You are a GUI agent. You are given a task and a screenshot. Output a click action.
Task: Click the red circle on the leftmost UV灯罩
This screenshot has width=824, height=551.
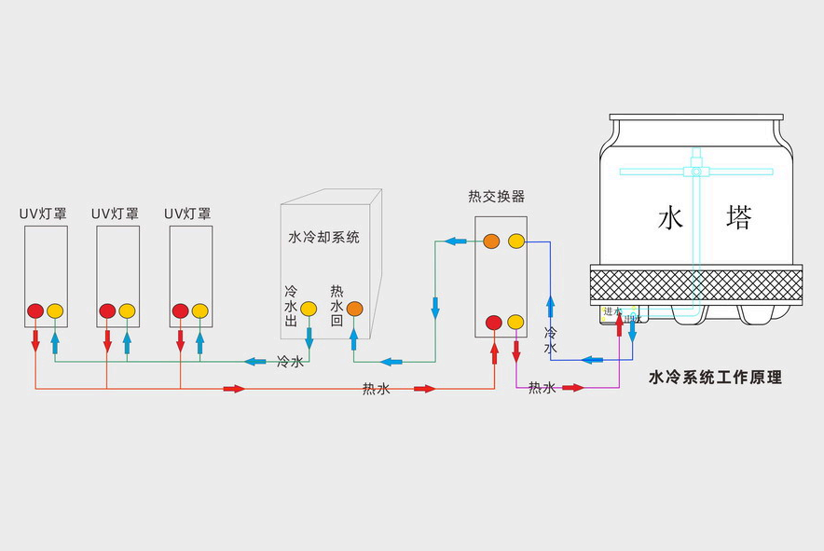34,310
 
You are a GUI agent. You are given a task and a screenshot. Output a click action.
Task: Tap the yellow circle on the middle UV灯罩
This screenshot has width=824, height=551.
128,310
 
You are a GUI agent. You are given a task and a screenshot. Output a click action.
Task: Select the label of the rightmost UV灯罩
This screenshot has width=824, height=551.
187,214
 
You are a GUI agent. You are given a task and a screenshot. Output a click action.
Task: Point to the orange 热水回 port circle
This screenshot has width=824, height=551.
355,309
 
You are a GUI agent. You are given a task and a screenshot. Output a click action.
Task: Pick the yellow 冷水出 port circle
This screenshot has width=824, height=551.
309,309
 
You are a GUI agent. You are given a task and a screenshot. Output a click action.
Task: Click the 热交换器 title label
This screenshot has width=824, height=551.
496,197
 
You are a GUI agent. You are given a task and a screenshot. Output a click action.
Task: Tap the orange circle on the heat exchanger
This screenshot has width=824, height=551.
492,241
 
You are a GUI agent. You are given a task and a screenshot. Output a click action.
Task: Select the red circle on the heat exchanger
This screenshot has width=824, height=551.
494,324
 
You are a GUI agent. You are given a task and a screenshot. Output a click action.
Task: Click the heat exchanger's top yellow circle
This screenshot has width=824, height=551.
516,241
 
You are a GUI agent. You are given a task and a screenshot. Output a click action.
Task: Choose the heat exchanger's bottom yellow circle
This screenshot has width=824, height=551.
516,324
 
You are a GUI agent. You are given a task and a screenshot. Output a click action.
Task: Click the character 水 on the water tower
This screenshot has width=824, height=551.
671,219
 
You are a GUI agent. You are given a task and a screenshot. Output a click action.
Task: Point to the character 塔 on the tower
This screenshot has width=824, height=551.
738,219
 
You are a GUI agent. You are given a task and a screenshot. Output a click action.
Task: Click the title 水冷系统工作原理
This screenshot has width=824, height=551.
714,378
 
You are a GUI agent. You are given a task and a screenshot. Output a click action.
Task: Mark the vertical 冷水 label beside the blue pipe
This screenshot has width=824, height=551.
550,340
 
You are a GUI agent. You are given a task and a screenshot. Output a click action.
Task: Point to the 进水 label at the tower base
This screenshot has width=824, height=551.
611,311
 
